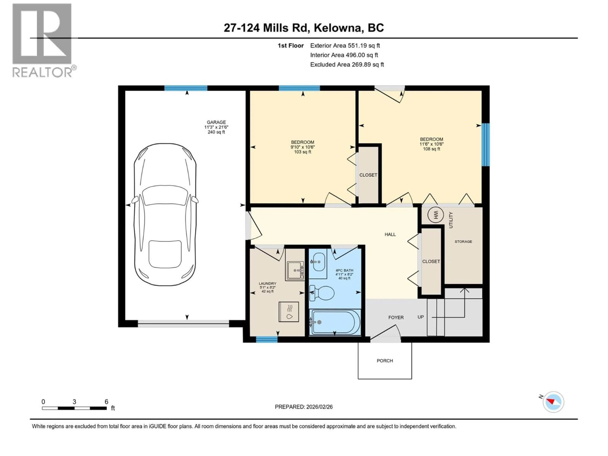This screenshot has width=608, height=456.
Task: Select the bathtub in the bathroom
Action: pos(335,322)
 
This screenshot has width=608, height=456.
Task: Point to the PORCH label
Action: pos(385,361)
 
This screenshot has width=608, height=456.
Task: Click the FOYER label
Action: pos(396,317)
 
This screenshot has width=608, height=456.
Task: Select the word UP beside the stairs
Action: pos(421,317)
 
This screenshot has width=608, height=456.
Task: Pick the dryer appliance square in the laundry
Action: pos(289,312)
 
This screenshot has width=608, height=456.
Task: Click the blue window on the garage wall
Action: pos(186,88)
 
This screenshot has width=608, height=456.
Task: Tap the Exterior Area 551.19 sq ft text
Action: pos(345,46)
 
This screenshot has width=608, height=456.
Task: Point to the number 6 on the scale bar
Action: pos(106,402)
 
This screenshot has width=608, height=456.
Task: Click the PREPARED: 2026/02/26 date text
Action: pos(304,407)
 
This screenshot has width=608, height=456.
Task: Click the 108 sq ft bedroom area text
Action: pos(431,149)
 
